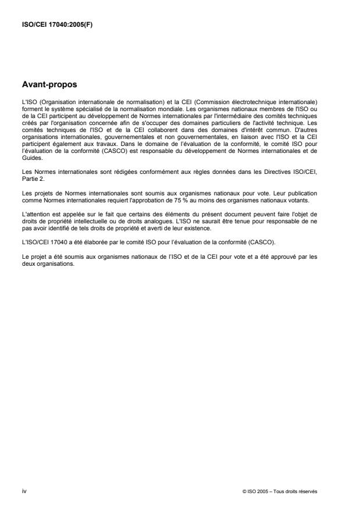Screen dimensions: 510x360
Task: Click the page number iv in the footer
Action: click(x=24, y=491)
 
